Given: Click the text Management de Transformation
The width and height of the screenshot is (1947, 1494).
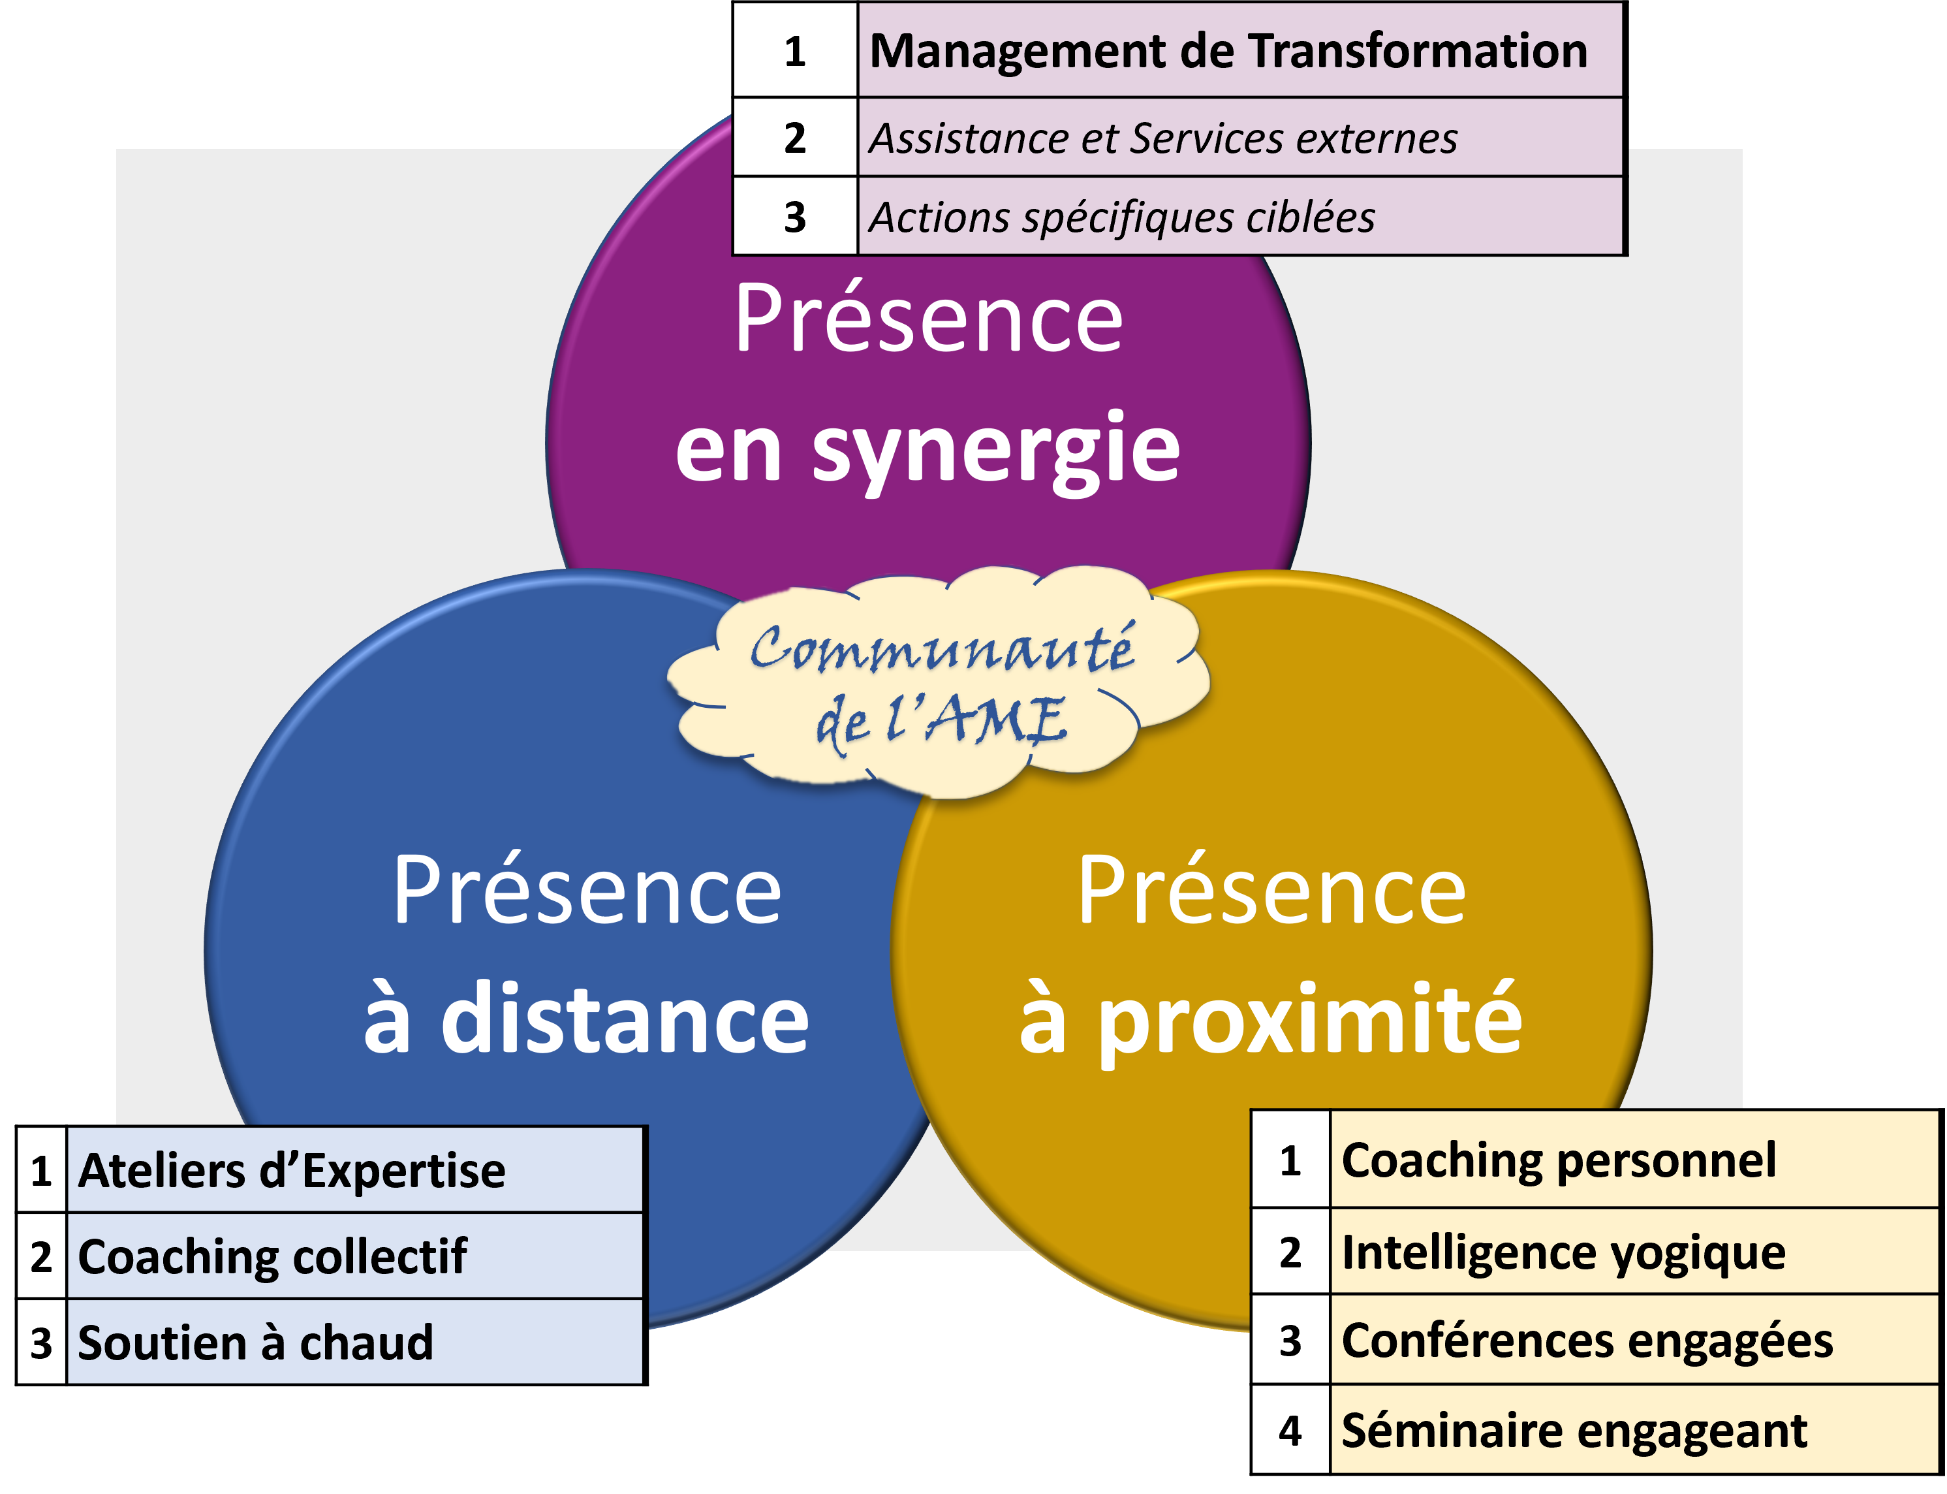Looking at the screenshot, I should [x=1228, y=51].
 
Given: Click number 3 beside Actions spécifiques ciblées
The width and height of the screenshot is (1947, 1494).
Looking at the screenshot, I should [x=795, y=217].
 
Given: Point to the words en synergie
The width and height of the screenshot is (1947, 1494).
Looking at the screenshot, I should [x=927, y=449].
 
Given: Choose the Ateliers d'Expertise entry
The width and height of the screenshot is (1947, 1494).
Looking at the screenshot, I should [x=292, y=1170].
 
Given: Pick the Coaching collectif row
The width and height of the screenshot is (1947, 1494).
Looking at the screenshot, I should [x=272, y=1256].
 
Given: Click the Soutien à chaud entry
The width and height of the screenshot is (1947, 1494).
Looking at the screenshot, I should [x=256, y=1343].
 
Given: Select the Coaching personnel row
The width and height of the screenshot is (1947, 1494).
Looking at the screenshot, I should [x=1557, y=1160].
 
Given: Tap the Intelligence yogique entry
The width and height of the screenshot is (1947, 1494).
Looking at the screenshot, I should [x=1563, y=1252].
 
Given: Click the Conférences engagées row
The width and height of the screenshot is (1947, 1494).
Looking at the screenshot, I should [x=1587, y=1340].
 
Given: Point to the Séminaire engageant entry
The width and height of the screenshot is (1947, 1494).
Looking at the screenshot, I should [x=1574, y=1431].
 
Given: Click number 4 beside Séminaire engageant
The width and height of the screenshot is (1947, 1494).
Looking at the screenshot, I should [x=1290, y=1431].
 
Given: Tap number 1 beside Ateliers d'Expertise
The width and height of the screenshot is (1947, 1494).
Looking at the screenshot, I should [x=41, y=1170].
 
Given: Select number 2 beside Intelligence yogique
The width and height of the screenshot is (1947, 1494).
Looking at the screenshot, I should [x=1290, y=1252].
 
